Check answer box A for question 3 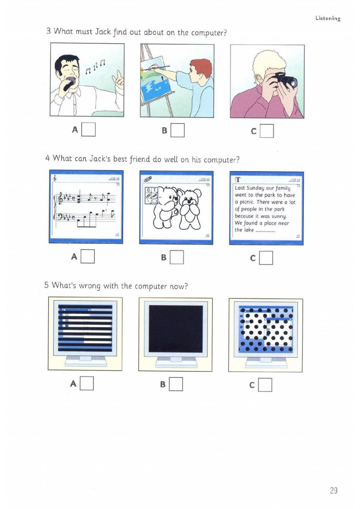pos(89,129)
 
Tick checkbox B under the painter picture pos(177,130)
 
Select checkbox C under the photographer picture pos(267,131)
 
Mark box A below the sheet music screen pos(87,256)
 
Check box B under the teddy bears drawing pos(177,257)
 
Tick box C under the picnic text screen pos(266,258)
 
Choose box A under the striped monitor pos(87,383)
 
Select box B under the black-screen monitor pos(176,384)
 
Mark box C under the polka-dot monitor pos(265,385)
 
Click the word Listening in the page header pos(328,18)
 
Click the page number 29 pos(333,490)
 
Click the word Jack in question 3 pos(103,32)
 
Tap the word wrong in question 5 pos(90,286)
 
